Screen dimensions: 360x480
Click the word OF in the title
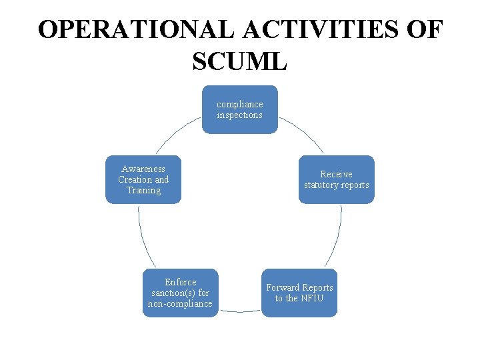click(424, 31)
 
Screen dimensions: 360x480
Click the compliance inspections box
click(240, 109)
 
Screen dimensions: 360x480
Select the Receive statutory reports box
click(336, 179)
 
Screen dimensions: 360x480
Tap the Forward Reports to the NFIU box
click(299, 293)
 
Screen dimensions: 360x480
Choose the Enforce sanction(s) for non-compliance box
click(180, 293)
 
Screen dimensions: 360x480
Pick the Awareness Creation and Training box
click(143, 179)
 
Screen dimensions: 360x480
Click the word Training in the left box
click(143, 191)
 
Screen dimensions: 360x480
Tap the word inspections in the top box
click(240, 115)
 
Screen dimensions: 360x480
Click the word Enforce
click(181, 282)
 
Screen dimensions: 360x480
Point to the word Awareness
click(143, 169)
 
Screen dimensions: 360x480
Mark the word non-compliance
click(180, 304)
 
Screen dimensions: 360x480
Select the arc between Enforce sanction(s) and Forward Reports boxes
click(240, 311)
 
